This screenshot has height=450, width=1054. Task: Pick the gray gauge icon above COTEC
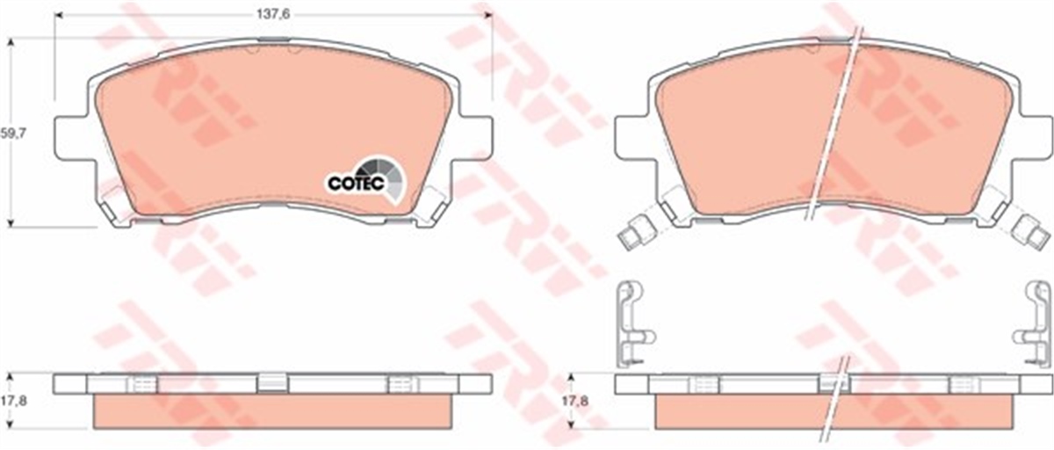coord(386,171)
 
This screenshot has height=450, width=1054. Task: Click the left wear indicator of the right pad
coord(635,233)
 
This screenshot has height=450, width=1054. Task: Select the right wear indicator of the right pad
coord(1031,233)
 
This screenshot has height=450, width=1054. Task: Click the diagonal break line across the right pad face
coord(837,123)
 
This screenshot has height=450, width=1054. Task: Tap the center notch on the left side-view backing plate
coord(272,382)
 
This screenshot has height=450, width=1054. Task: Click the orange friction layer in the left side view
coord(272,412)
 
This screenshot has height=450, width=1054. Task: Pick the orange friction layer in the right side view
coord(747,412)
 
